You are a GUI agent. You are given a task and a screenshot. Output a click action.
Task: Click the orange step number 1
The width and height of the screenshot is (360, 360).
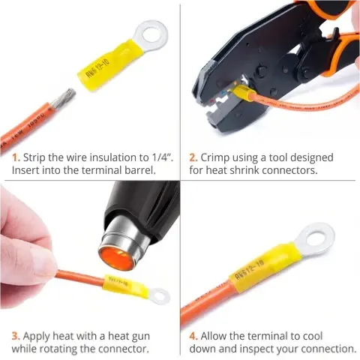[x=16, y=157]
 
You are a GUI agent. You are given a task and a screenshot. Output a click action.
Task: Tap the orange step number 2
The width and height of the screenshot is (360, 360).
[x=193, y=157]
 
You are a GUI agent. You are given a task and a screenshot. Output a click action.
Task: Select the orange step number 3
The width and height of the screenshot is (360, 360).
[x=16, y=336]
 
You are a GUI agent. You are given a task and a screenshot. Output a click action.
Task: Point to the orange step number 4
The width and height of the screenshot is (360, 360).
[x=193, y=336]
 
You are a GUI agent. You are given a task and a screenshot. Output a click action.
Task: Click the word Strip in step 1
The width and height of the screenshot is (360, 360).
[x=34, y=158]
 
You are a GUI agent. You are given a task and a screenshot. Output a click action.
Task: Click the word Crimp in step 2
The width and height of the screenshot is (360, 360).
[x=215, y=158]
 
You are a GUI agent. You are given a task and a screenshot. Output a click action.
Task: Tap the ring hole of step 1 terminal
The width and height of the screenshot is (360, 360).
[x=151, y=33]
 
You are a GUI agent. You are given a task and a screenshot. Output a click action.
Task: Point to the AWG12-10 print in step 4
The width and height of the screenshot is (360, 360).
[x=250, y=271]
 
